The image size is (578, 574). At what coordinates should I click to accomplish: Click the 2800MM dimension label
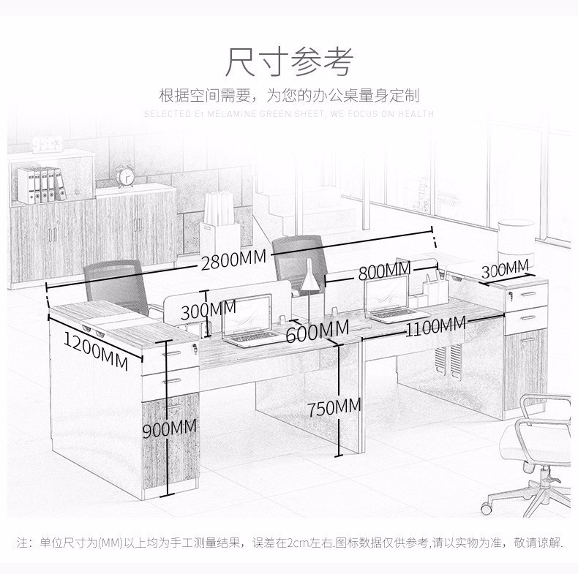233,260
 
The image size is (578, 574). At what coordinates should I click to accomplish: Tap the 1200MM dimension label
96,350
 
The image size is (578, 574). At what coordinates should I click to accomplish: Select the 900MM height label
170,428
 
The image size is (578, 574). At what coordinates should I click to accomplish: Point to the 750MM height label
334,408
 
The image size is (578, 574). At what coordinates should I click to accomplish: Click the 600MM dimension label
318,331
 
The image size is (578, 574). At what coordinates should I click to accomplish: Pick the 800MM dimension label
384,271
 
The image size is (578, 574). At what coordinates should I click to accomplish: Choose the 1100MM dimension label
436,326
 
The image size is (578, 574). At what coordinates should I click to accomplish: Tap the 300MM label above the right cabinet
505,269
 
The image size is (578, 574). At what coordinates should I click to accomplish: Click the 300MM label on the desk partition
209,310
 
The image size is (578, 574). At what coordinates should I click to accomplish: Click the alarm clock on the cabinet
125,176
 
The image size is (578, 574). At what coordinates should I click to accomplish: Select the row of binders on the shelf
41,185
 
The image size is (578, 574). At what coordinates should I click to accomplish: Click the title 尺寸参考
290,61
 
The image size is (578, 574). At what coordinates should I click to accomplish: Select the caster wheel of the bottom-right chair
487,508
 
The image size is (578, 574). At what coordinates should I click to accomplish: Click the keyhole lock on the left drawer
195,347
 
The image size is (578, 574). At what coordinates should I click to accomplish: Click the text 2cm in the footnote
297,543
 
